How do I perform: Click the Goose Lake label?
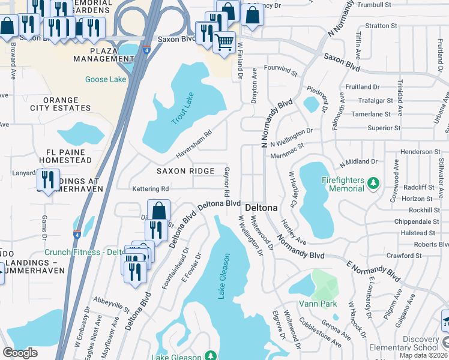coord(106,79)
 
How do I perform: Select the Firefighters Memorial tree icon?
coord(373,181)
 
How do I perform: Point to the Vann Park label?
coord(319,304)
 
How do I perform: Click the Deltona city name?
coord(261,208)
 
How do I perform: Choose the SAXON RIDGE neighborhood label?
coord(185,171)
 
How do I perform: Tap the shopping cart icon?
coord(224,43)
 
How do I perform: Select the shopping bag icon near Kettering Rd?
coord(158,211)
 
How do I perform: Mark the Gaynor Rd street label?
coord(228,183)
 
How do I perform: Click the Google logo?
coord(20,353)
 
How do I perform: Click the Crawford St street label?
coord(400,256)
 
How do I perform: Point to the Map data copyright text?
coord(423,355)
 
